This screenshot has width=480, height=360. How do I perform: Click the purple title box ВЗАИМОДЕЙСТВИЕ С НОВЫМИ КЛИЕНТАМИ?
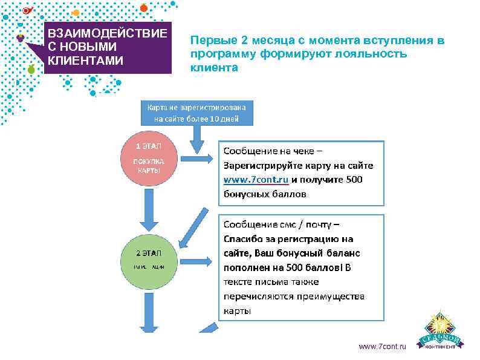[x=107, y=47]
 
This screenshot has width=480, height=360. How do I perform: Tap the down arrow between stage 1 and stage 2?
[x=148, y=212]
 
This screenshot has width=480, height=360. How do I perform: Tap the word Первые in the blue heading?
[x=209, y=41]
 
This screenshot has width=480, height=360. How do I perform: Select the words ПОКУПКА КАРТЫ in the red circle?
[x=148, y=166]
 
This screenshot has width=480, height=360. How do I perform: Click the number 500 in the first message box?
[x=351, y=180]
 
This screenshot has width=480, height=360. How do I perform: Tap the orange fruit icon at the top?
[x=143, y=7]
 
